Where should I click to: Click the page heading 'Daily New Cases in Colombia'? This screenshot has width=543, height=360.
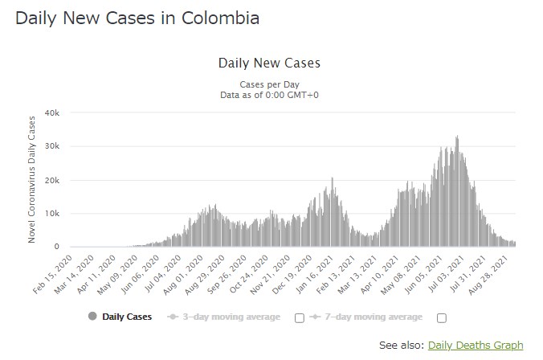(137, 18)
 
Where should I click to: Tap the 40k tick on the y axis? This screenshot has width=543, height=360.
(51, 112)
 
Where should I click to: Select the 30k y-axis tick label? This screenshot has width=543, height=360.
(51, 146)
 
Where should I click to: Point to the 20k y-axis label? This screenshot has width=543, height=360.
(51, 180)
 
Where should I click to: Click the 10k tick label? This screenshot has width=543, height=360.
(51, 214)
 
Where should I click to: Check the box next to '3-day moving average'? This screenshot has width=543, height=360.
(300, 317)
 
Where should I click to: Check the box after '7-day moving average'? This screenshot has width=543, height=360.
(441, 317)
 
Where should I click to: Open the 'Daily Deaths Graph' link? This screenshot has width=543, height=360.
(476, 346)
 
